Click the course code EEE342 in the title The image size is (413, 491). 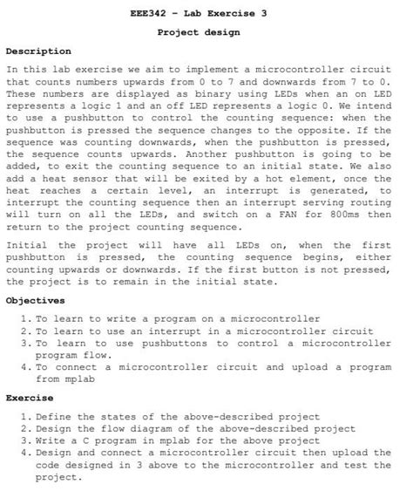pos(148,14)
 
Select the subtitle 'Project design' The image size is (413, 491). pos(199,32)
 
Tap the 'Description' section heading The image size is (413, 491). pos(38,51)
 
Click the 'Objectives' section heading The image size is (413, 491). pos(35,299)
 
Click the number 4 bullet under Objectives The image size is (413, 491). pos(25,367)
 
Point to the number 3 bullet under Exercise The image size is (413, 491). pos(25,440)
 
